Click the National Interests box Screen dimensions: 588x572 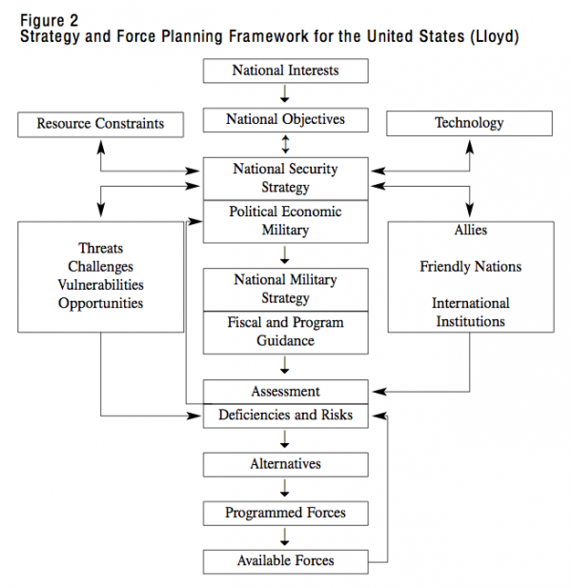(285, 71)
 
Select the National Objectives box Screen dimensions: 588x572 (285, 120)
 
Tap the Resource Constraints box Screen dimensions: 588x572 (100, 123)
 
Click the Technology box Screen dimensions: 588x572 (469, 123)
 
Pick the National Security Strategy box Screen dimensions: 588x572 (285, 178)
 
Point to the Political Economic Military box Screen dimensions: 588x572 (285, 221)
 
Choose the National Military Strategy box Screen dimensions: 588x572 (285, 289)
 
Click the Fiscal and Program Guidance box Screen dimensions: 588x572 (285, 332)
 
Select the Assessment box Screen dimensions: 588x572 (285, 392)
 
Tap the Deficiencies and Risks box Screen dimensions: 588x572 (285, 416)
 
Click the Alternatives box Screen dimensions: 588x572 (285, 464)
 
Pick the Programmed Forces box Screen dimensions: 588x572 (285, 513)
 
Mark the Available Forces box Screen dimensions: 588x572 (285, 561)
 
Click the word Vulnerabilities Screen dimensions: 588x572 (100, 285)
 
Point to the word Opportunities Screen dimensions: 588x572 (100, 303)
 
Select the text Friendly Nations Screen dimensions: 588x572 (470, 267)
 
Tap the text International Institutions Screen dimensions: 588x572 (470, 312)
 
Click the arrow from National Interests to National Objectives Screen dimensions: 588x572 (285, 93)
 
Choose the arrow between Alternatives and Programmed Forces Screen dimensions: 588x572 (285, 488)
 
